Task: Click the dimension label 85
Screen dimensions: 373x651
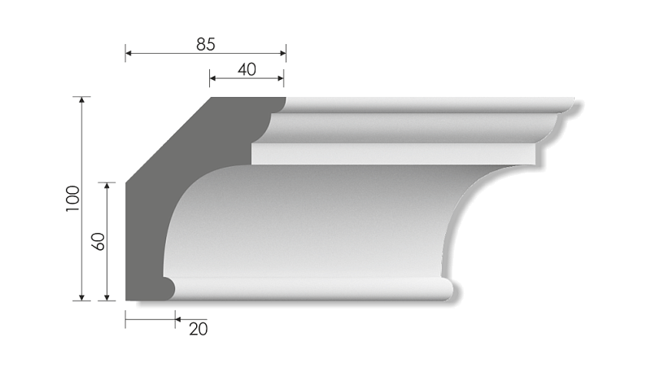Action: coord(205,45)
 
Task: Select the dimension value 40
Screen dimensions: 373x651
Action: coord(247,70)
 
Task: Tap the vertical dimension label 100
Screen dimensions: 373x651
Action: coord(72,199)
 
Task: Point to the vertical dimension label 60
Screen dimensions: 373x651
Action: coord(98,241)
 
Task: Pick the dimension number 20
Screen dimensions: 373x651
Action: coord(198,328)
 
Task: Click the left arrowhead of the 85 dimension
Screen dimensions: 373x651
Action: coord(129,55)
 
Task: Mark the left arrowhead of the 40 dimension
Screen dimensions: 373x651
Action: coord(213,80)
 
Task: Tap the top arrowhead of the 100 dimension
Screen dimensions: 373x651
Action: coord(81,101)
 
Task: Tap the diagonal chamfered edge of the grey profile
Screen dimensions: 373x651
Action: coord(167,138)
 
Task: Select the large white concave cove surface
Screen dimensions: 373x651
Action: coord(309,220)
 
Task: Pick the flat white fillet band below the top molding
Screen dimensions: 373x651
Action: coord(391,154)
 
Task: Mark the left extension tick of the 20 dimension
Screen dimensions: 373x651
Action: coord(125,318)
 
